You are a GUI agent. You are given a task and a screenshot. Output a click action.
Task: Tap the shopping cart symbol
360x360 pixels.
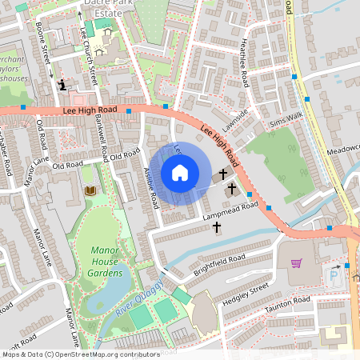pyautogui.click(x=296, y=262)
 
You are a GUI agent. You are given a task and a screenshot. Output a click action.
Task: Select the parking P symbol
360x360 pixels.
pyautogui.click(x=334, y=274)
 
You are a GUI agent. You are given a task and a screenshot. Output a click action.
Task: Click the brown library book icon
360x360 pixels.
pyautogui.click(x=90, y=190)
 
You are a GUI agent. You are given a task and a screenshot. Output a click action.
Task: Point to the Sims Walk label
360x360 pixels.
pyautogui.click(x=286, y=120)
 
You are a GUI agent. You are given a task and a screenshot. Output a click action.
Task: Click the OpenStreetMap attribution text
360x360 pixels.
pyautogui.click(x=80, y=353)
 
